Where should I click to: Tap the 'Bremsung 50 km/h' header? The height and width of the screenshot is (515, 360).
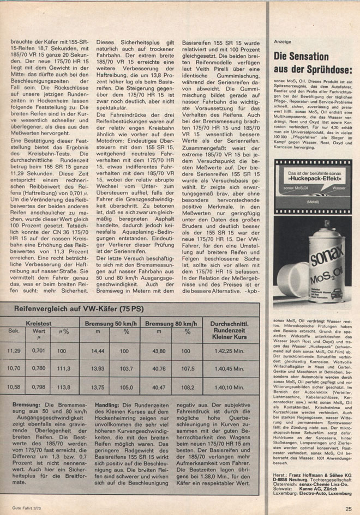point(111,324)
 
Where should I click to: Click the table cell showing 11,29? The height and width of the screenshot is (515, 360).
point(14,350)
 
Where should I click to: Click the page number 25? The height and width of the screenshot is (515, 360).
point(348,509)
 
